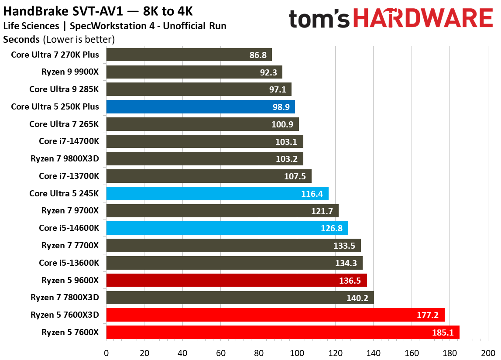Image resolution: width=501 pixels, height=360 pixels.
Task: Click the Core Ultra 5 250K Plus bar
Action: click(200, 107)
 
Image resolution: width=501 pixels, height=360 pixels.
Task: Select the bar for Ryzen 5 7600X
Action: click(282, 333)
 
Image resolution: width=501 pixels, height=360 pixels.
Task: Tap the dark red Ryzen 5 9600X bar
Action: click(236, 280)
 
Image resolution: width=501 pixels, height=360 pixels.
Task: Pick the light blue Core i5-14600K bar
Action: click(227, 228)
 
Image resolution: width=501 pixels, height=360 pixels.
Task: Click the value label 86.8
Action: click(257, 55)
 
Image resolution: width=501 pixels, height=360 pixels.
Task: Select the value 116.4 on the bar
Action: click(312, 194)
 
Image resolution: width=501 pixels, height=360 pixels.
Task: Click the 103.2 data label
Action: click(287, 159)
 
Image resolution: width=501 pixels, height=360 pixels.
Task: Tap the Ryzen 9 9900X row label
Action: click(70, 72)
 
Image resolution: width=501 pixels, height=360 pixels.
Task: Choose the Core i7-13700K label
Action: click(69, 176)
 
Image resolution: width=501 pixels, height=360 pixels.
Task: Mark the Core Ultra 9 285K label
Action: click(64, 89)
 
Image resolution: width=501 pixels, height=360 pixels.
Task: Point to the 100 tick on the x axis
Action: click(297, 353)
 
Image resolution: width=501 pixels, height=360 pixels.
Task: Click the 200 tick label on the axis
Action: click(487, 353)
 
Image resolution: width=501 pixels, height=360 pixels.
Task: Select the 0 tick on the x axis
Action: click(106, 353)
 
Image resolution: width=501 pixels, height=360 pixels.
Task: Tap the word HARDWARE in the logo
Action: click(423, 19)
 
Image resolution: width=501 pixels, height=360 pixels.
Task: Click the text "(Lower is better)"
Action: click(79, 40)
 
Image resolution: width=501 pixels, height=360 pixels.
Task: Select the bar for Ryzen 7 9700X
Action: click(222, 211)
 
